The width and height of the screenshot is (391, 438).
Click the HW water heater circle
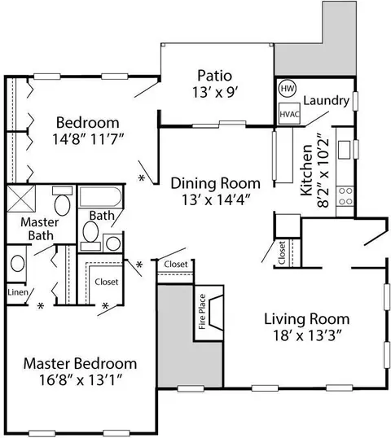[288, 89]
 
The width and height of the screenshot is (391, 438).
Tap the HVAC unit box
[289, 114]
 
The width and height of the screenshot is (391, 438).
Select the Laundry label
[326, 101]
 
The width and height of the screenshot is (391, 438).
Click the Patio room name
[215, 76]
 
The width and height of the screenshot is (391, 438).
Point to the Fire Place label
[202, 312]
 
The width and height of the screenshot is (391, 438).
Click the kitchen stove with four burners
[345, 196]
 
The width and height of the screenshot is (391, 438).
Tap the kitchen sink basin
[344, 150]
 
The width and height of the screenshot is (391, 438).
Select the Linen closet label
[18, 292]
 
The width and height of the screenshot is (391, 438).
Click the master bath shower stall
[21, 199]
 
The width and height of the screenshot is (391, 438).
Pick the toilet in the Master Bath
[62, 201]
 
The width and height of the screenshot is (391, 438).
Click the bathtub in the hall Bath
[100, 197]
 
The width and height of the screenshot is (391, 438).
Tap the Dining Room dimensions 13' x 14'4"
[216, 199]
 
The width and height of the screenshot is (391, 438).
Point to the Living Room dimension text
[307, 335]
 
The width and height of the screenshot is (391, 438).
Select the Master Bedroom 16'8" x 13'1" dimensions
[81, 380]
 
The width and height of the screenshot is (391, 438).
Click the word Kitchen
[306, 170]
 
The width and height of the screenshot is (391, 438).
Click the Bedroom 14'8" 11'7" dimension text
[88, 139]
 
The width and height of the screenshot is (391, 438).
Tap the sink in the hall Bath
[113, 243]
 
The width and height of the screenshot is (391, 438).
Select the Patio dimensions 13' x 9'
[215, 92]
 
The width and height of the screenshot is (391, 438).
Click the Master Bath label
[40, 229]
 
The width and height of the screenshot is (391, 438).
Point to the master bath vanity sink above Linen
[17, 264]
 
